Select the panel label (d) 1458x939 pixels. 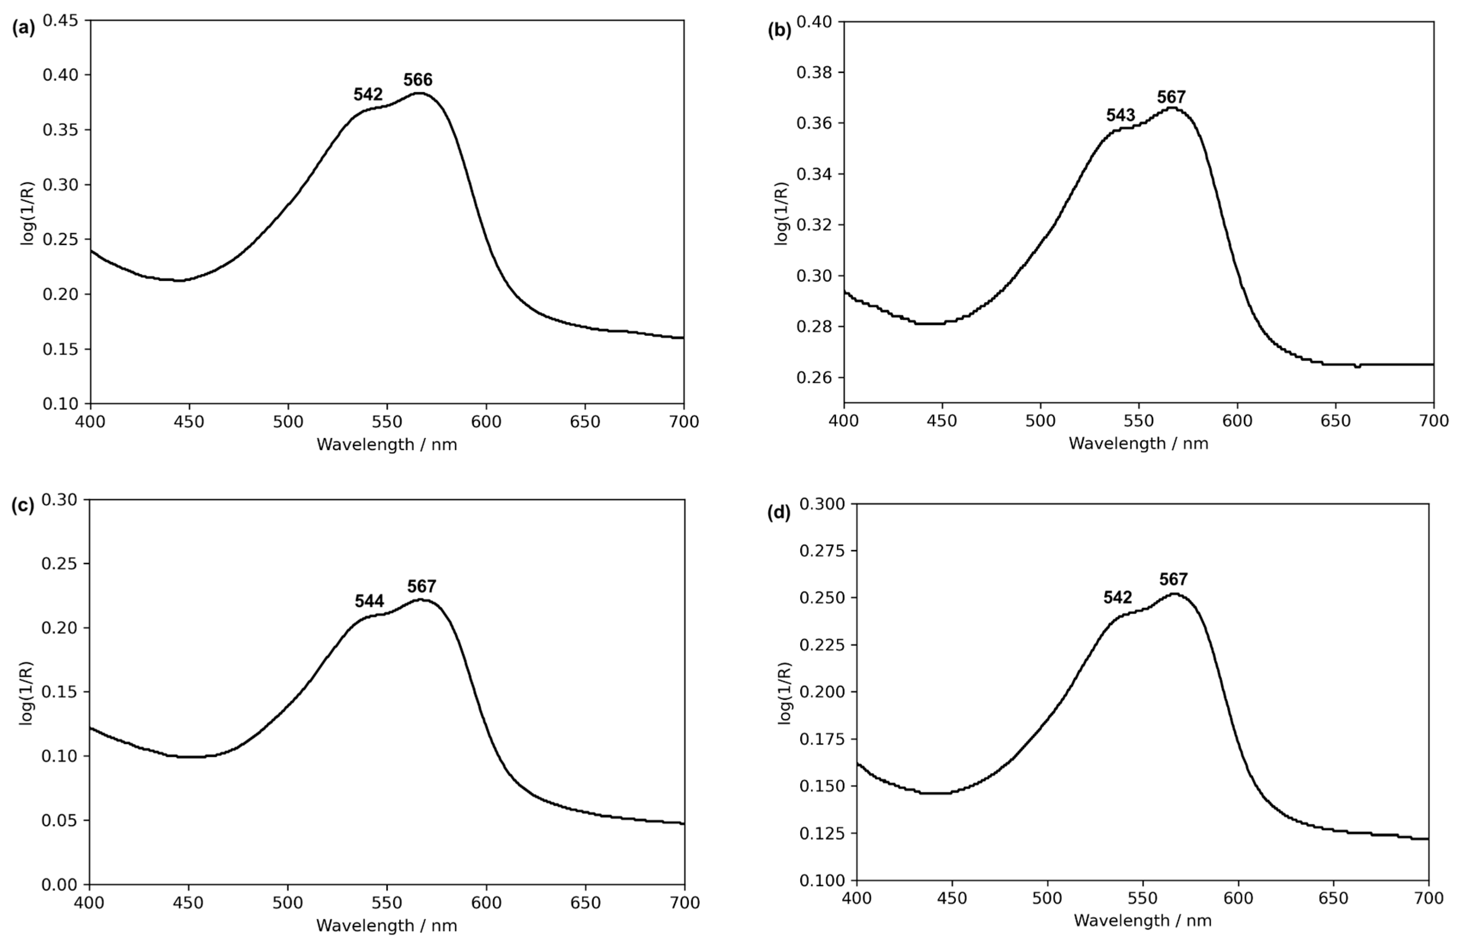[779, 513]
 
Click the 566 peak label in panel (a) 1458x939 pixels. [418, 80]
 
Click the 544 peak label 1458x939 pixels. [369, 601]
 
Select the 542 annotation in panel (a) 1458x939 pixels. [368, 94]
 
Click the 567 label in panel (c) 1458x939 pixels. [421, 586]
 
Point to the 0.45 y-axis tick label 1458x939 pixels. [60, 21]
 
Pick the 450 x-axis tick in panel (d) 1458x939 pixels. [952, 899]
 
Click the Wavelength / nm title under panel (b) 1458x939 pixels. [1138, 444]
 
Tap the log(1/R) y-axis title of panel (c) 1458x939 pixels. [26, 693]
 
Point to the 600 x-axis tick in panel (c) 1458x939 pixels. [486, 903]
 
